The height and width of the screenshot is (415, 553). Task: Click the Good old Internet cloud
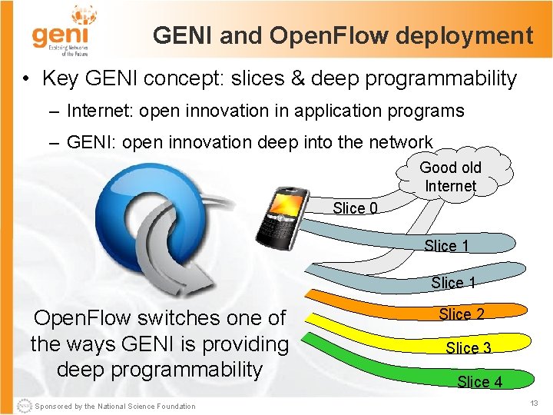450,177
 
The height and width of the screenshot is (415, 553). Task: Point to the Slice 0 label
355,208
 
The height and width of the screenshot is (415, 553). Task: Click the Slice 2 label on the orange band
461,314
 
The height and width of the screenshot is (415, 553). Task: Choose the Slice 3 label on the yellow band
469,348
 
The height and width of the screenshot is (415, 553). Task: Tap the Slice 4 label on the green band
479,382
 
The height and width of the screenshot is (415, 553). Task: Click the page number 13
535,403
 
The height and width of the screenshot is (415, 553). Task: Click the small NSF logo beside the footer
22,405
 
